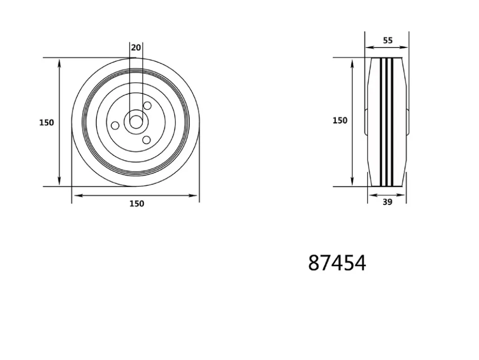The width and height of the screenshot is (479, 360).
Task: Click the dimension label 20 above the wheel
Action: [136, 47]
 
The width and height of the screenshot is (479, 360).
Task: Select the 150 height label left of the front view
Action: [46, 122]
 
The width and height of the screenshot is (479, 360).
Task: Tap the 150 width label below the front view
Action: [136, 203]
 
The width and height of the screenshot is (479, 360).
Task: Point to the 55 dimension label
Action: [388, 40]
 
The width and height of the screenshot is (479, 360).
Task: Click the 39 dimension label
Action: [387, 202]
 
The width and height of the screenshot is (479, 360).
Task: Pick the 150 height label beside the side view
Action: [340, 120]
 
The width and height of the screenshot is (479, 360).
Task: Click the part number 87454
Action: [337, 263]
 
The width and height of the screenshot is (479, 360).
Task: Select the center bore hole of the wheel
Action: [136, 122]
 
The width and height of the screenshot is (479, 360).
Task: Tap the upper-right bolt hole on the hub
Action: [147, 106]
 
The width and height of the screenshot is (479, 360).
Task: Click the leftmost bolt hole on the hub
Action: [115, 125]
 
